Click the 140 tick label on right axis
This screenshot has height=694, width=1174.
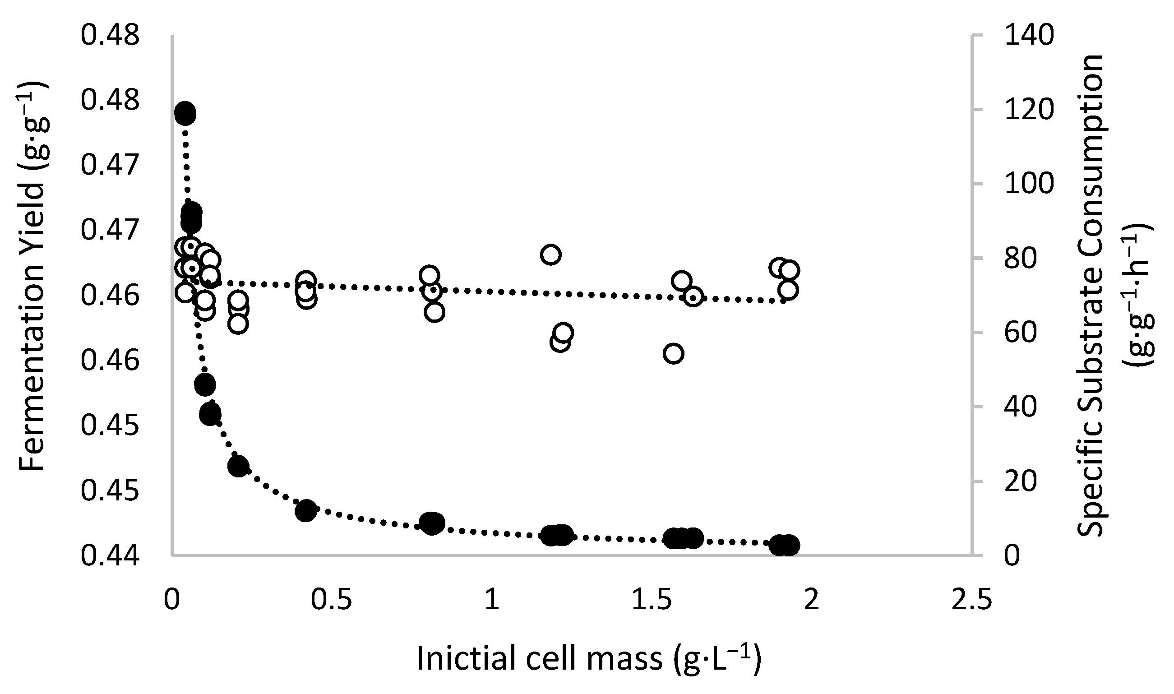[1029, 36]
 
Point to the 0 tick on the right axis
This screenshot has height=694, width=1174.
[1011, 556]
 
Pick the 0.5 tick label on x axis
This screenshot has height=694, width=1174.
[332, 600]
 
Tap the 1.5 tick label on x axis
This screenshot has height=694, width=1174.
[651, 600]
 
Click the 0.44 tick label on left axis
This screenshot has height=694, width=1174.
[110, 557]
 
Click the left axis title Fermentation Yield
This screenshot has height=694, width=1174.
[32, 276]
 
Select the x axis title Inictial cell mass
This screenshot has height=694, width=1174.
[588, 659]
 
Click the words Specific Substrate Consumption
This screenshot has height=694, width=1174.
[1091, 295]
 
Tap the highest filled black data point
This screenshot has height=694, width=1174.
[185, 114]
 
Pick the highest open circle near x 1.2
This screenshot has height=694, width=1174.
[551, 255]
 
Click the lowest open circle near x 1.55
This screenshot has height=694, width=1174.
[673, 354]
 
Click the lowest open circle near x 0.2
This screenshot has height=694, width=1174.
[238, 324]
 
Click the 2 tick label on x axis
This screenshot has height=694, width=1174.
[811, 600]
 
